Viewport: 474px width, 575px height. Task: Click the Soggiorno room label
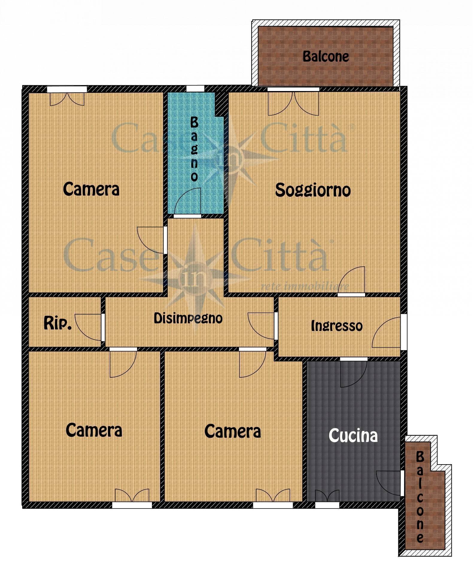(x=313, y=190)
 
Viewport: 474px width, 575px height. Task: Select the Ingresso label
(x=337, y=326)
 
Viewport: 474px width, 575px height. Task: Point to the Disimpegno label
(x=188, y=318)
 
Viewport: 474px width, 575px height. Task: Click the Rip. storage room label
(x=57, y=323)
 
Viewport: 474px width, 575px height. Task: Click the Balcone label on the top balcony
(x=326, y=56)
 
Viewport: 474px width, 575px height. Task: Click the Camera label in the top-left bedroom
(x=91, y=189)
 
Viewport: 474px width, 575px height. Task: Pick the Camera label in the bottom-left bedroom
(x=94, y=430)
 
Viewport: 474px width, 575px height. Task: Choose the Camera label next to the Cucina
(x=233, y=431)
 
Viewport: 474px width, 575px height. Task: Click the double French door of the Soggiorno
(x=294, y=103)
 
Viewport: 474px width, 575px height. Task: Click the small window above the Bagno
(x=195, y=89)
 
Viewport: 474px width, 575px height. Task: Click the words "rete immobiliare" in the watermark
(x=305, y=286)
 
